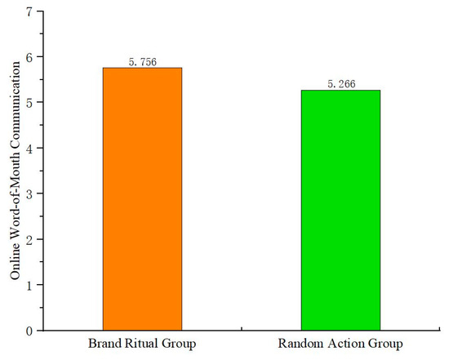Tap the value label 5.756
click(x=142, y=61)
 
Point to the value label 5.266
click(x=340, y=83)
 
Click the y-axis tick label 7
click(x=29, y=11)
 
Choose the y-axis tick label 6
click(x=29, y=57)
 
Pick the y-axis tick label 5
click(x=29, y=103)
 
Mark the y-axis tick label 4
click(x=29, y=149)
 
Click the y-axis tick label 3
click(x=29, y=193)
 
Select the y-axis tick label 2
click(x=29, y=239)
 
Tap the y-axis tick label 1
click(x=29, y=285)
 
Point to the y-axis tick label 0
click(x=29, y=331)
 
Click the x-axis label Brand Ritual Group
click(x=142, y=344)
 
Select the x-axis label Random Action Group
click(x=340, y=344)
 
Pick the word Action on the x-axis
click(x=343, y=344)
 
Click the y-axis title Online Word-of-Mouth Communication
click(x=14, y=171)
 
